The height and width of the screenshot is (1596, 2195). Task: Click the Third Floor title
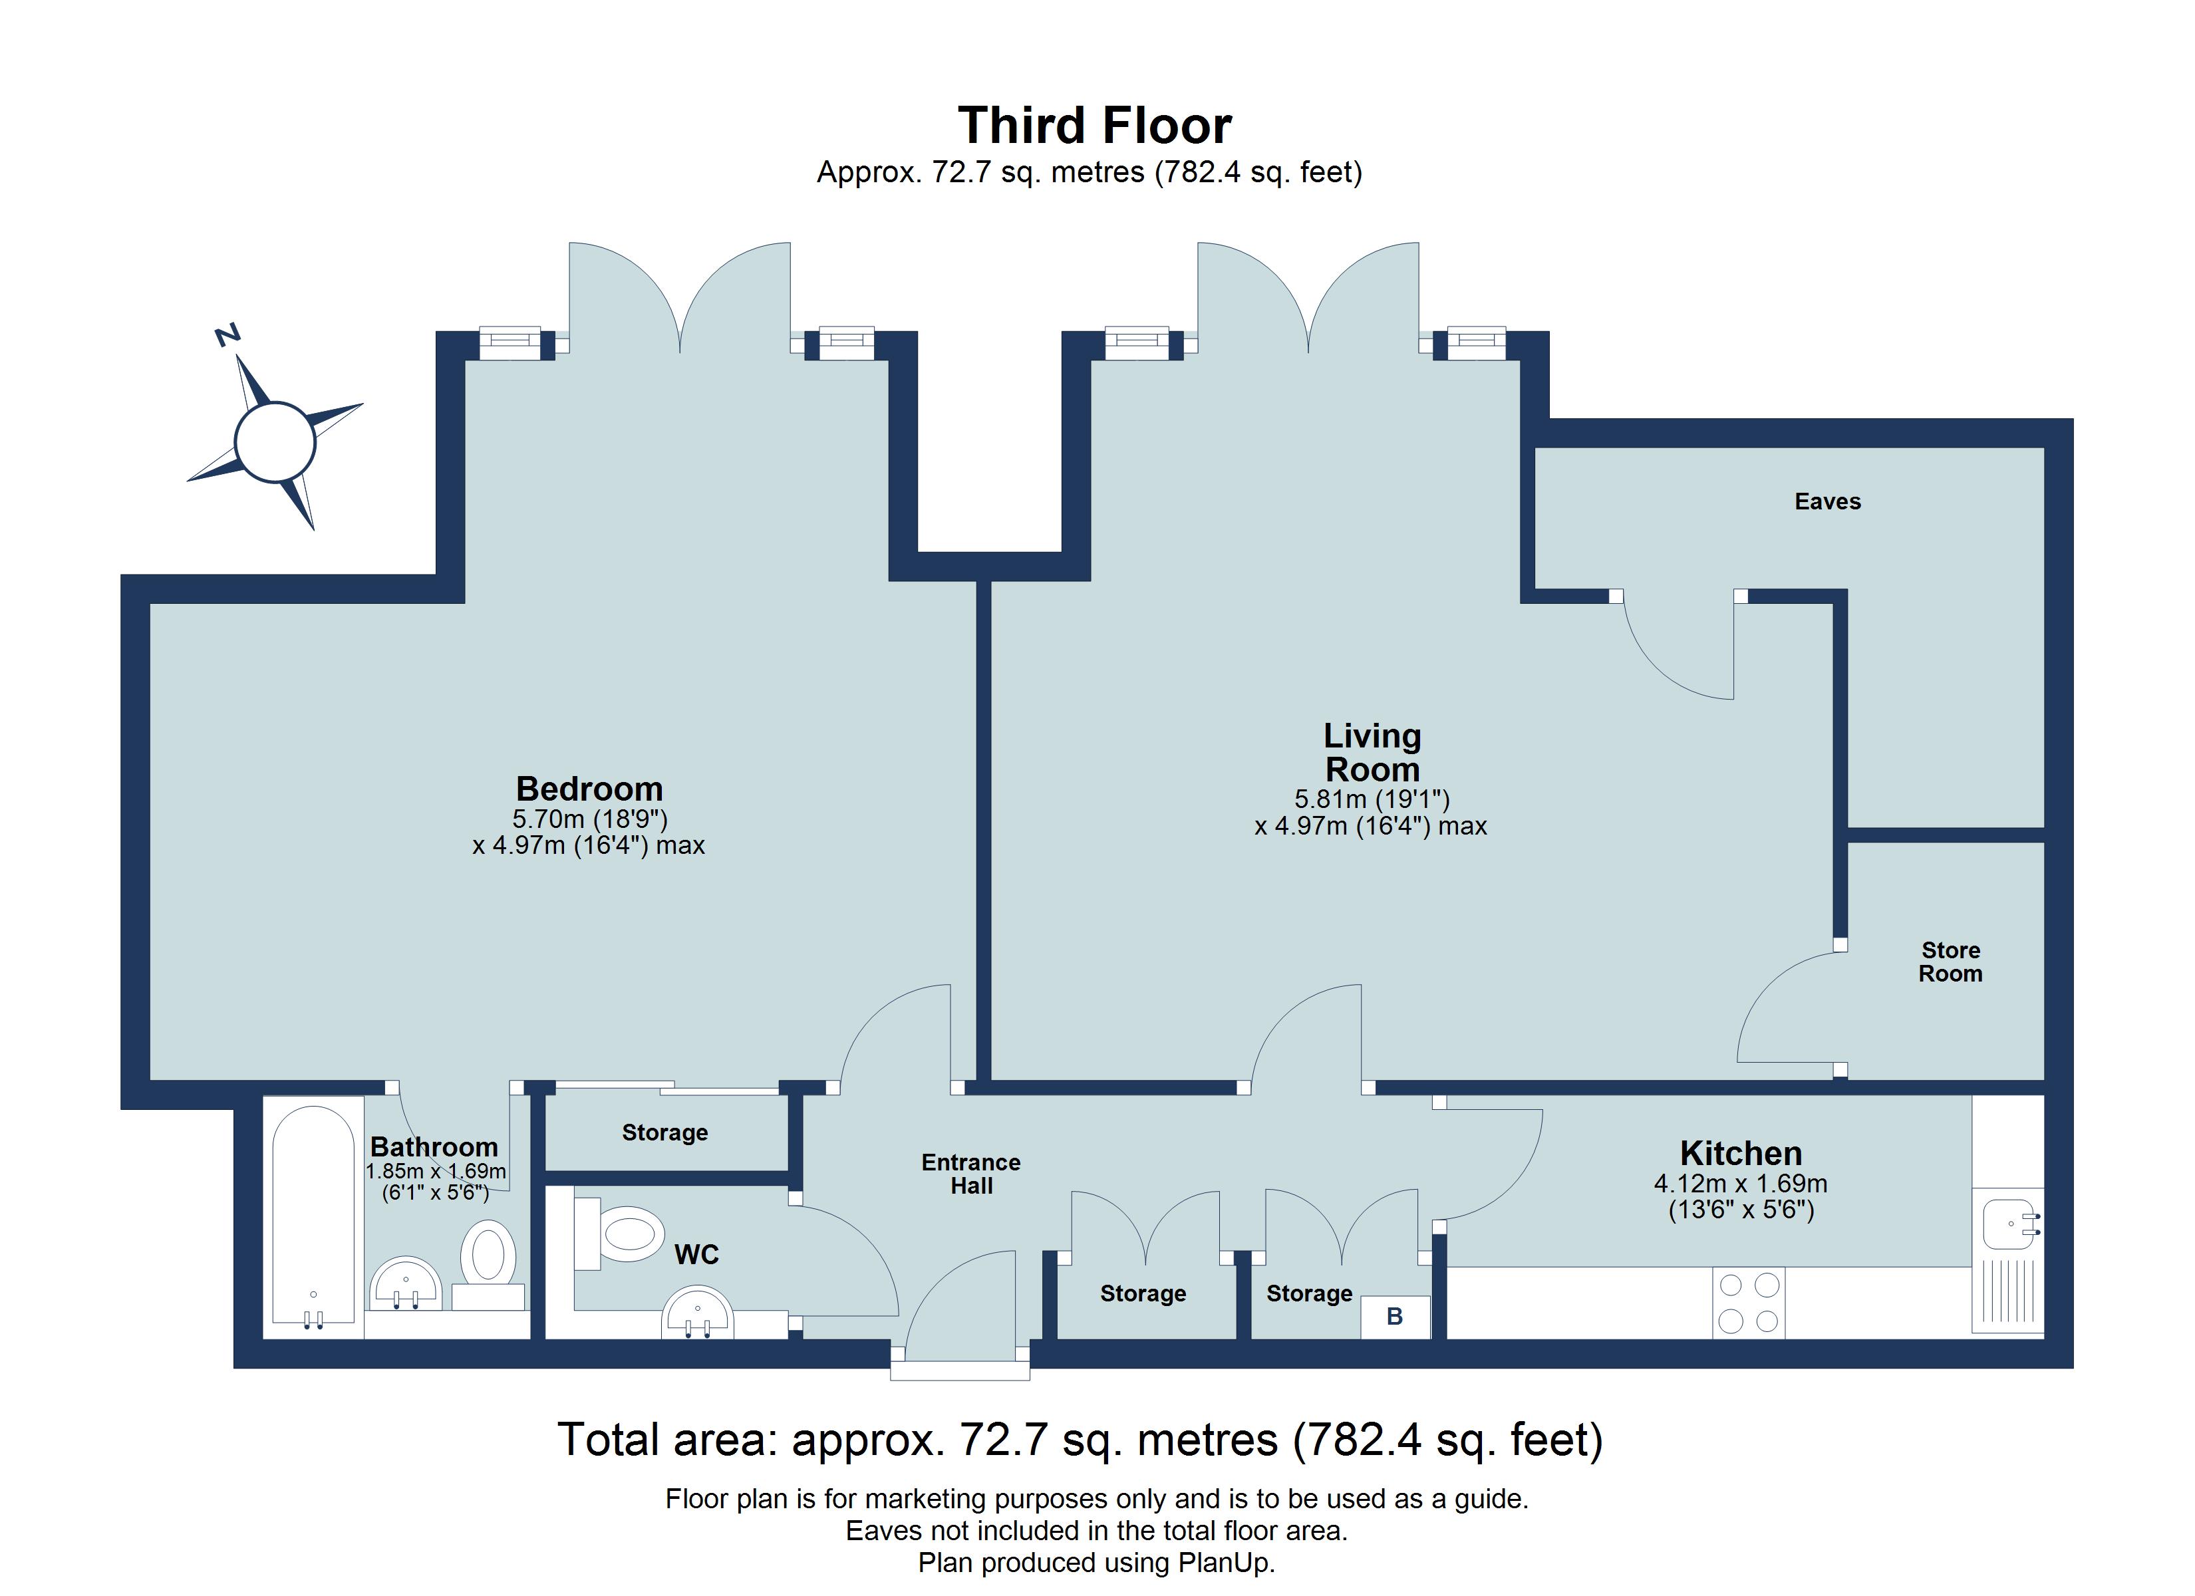click(x=1095, y=126)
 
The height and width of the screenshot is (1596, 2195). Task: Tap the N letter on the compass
click(x=227, y=335)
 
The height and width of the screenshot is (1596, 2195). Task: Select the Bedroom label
click(x=589, y=788)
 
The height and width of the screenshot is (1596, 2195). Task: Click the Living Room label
click(x=1372, y=752)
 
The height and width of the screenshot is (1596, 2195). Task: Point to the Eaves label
click(x=1827, y=501)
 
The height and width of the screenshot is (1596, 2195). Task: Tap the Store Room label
click(x=1950, y=962)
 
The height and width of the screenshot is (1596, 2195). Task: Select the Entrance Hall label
click(x=970, y=1174)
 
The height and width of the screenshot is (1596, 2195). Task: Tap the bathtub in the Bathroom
click(x=313, y=1216)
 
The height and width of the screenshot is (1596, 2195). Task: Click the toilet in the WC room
click(x=619, y=1233)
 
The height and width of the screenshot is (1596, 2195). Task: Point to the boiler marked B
click(x=1395, y=1316)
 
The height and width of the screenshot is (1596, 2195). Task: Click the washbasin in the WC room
click(x=697, y=1311)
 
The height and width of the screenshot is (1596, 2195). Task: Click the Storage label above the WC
click(x=665, y=1132)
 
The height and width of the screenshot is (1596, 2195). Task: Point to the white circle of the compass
click(x=275, y=442)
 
